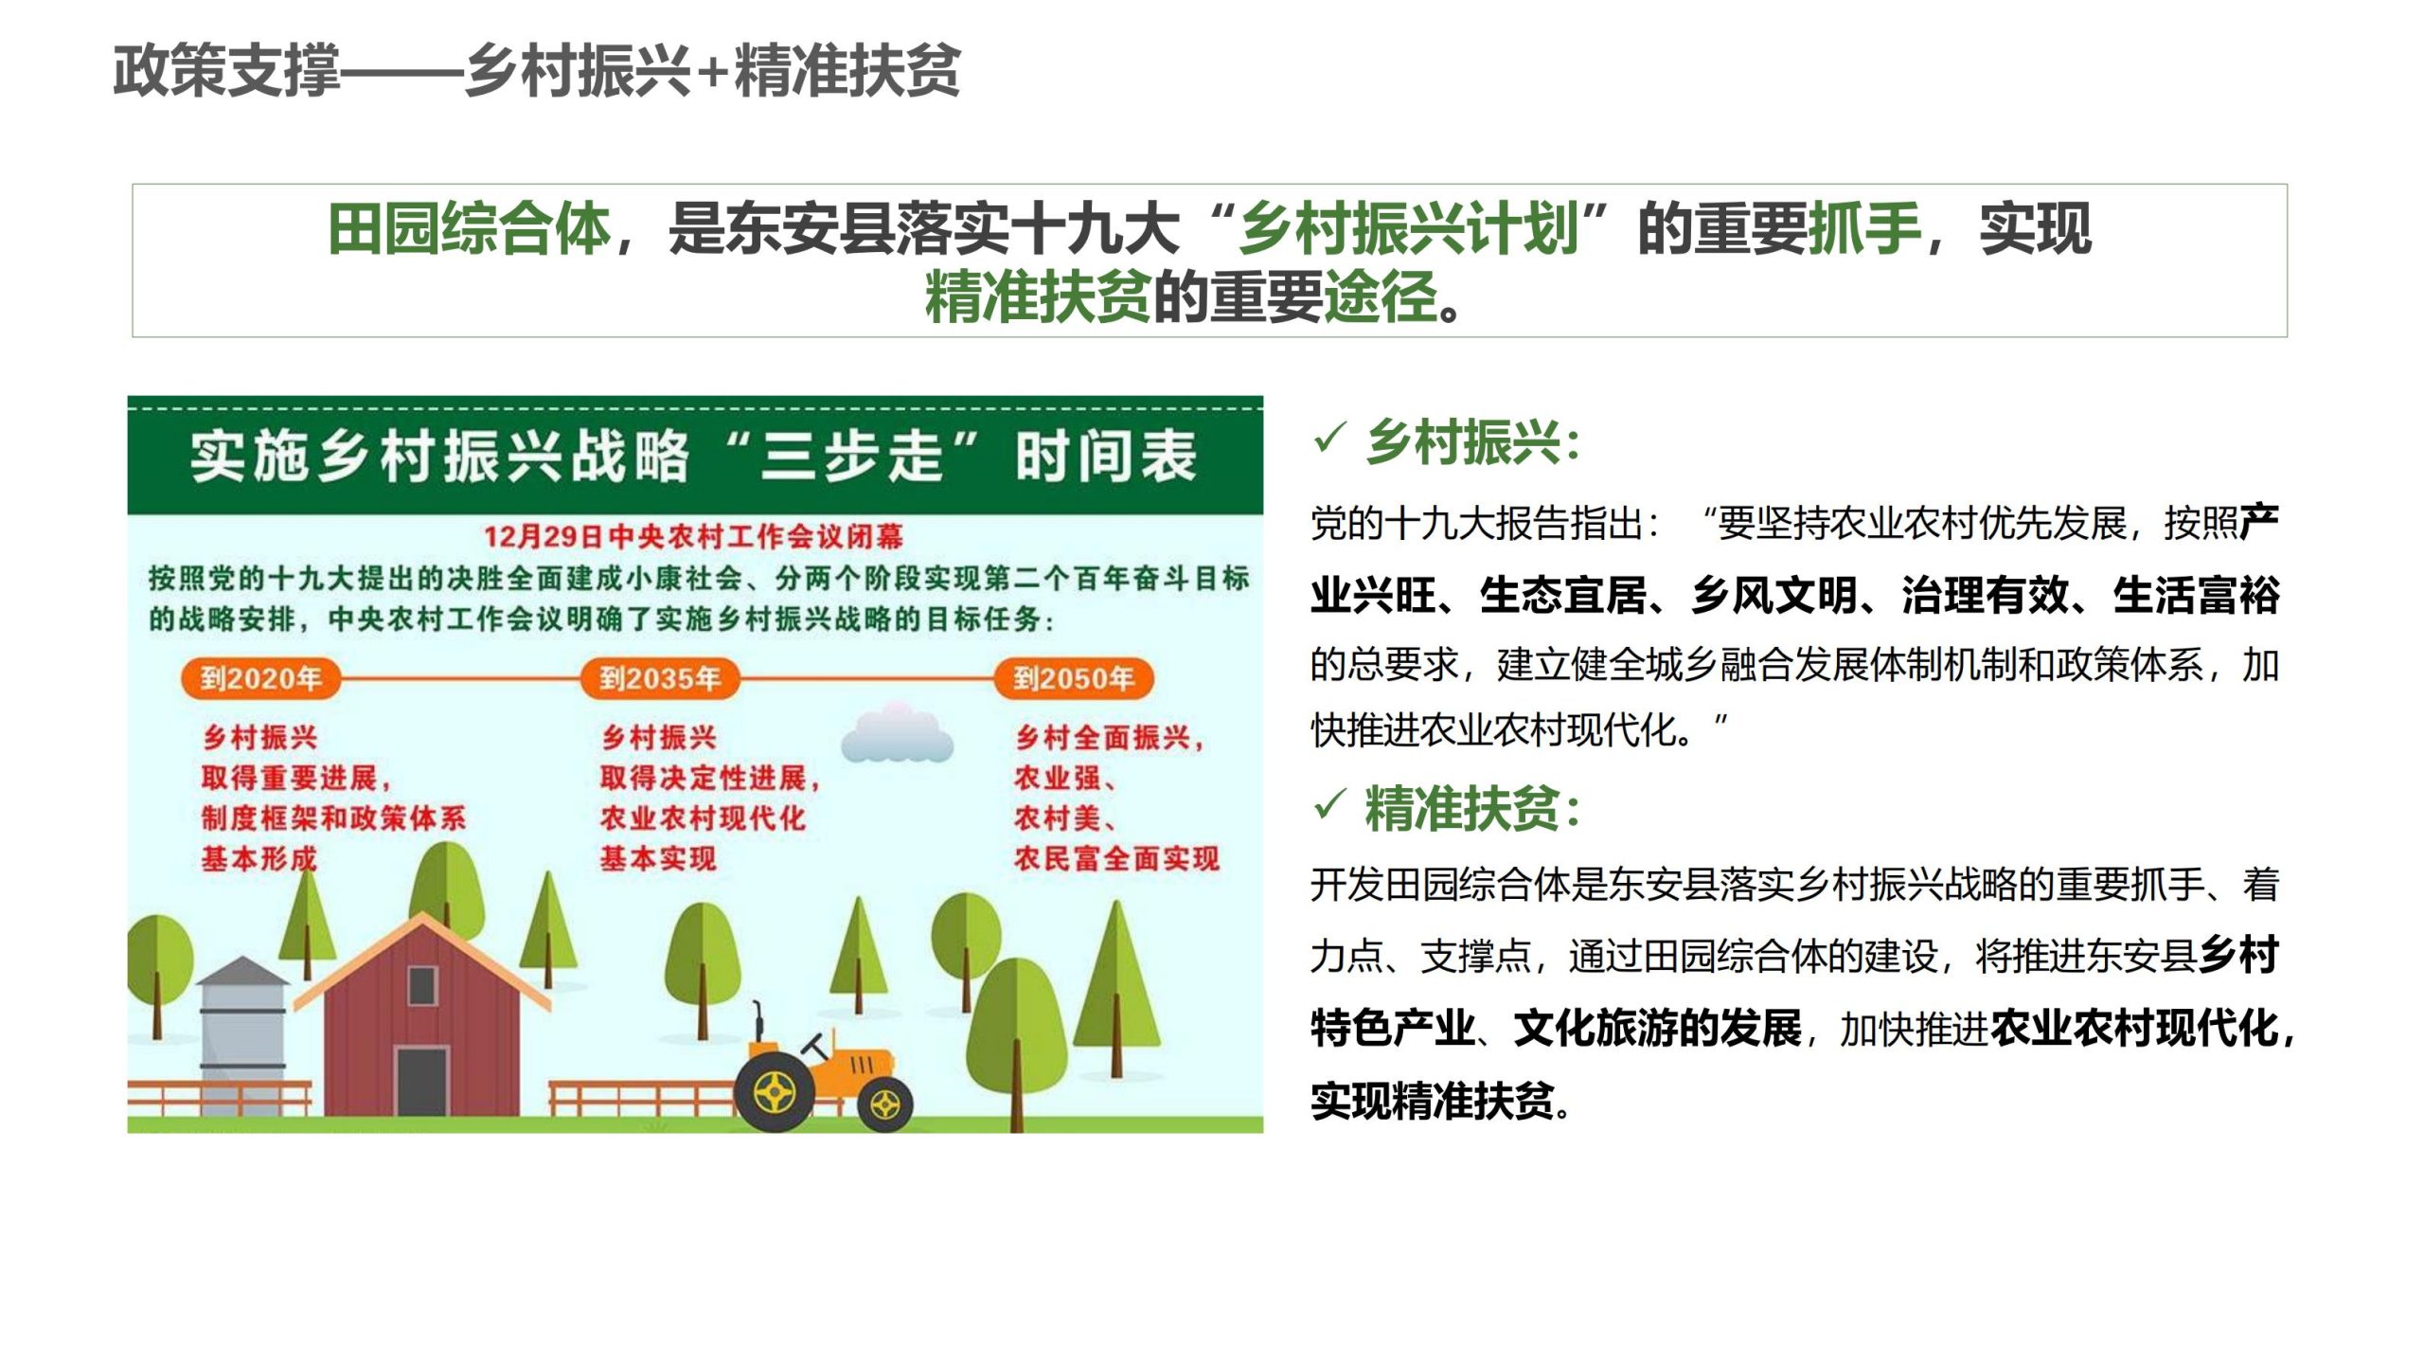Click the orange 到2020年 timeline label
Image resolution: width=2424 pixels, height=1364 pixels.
[260, 678]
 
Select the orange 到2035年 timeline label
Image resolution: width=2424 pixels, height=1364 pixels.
[660, 678]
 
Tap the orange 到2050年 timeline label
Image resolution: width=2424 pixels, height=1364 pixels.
[1074, 678]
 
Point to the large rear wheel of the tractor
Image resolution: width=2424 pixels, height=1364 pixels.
[775, 1093]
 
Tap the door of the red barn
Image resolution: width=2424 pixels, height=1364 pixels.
[421, 1081]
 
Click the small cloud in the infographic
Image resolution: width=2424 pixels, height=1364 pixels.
[896, 733]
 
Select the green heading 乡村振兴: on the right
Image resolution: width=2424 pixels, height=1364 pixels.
[1473, 442]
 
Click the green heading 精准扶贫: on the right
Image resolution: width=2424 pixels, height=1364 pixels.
[1473, 809]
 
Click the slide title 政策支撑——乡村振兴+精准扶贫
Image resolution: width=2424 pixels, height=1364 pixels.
[537, 71]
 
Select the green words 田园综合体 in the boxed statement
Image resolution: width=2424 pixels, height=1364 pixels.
[469, 229]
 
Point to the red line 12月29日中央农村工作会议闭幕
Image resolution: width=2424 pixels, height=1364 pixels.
[694, 537]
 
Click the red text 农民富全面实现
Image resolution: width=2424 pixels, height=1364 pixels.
[1116, 859]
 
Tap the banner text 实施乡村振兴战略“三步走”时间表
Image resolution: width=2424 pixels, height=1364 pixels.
[694, 457]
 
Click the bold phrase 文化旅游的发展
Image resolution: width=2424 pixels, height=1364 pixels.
[1657, 1029]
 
